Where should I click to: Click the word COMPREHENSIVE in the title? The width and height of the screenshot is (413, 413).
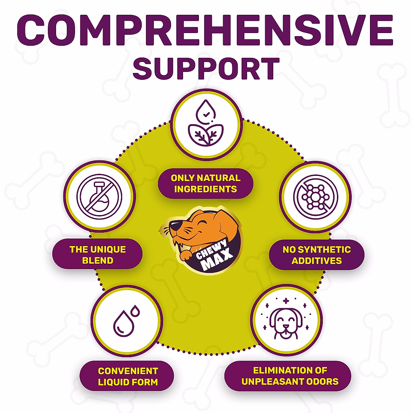205,30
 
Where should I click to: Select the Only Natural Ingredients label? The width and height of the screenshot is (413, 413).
205,183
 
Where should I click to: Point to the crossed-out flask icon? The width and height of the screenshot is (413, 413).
99,197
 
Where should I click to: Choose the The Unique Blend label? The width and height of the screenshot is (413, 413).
97,255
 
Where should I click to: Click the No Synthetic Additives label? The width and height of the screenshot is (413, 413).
317,255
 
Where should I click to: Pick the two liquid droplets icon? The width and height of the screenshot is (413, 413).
126,321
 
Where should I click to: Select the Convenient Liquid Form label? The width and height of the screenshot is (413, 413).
127,377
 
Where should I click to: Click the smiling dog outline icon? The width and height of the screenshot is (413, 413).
286,320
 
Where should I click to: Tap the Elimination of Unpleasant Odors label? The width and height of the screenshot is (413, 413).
290,376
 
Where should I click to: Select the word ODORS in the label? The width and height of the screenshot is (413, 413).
324,381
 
